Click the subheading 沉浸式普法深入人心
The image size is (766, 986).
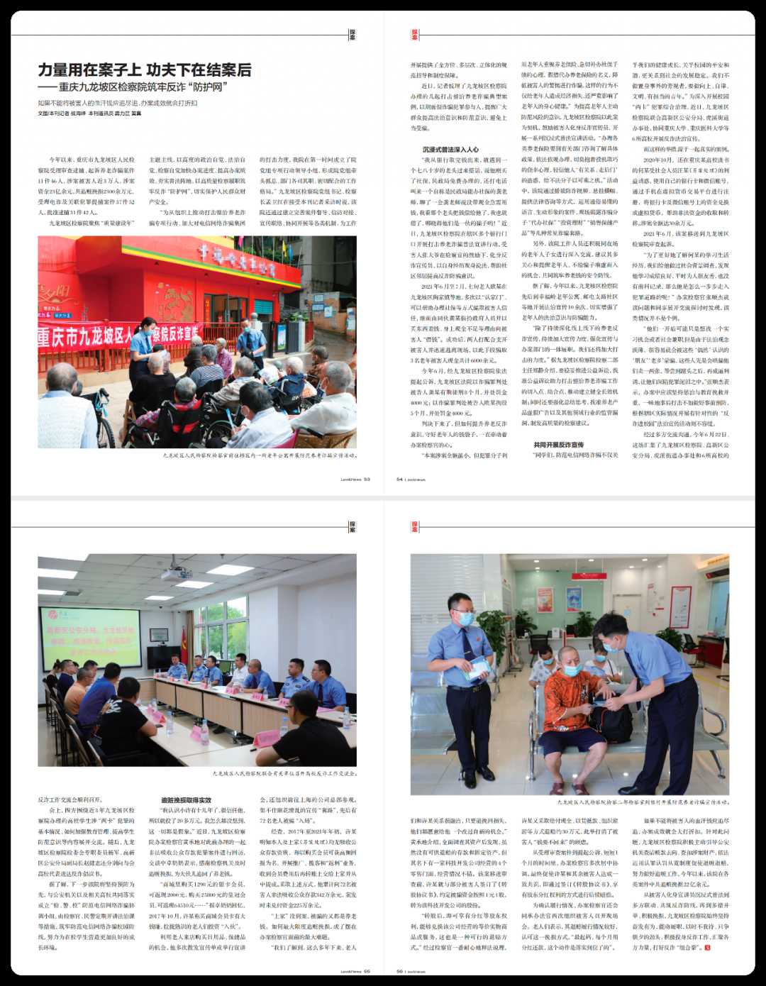[x=450, y=150]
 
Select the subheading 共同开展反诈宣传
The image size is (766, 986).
[x=558, y=445]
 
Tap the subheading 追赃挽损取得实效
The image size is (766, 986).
[x=186, y=800]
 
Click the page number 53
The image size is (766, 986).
[x=367, y=479]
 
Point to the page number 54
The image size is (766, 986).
[x=399, y=479]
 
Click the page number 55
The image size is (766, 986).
[x=367, y=971]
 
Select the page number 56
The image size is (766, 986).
[x=399, y=971]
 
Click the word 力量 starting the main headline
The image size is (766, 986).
[x=54, y=70]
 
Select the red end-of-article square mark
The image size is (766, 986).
[x=706, y=947]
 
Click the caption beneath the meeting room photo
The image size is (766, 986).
[x=284, y=773]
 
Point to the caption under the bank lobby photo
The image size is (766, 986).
[x=643, y=802]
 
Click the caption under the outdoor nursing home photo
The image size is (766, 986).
[x=259, y=455]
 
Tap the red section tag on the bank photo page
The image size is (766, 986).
[x=415, y=526]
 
